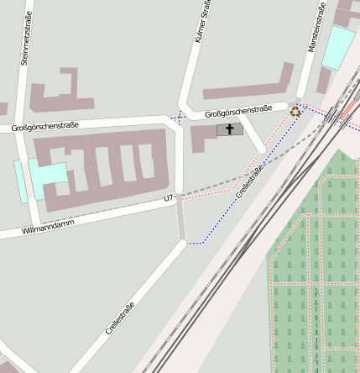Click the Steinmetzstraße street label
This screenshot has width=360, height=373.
pos(26,39)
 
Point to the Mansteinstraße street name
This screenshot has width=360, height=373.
pos(316,27)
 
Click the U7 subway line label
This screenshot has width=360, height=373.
pos(169,198)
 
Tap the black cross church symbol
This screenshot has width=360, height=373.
pos(229,129)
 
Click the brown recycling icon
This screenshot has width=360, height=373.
pos(295,110)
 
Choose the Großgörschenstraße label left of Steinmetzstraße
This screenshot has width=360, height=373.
pos(45,126)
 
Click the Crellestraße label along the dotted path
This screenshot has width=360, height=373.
pos(249,181)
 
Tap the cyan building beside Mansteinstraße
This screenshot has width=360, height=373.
pos(339,47)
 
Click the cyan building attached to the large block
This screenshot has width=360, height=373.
pos(49,175)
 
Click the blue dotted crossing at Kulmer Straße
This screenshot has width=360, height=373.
pos(179,117)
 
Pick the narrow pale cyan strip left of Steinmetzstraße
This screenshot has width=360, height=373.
pos(21,181)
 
